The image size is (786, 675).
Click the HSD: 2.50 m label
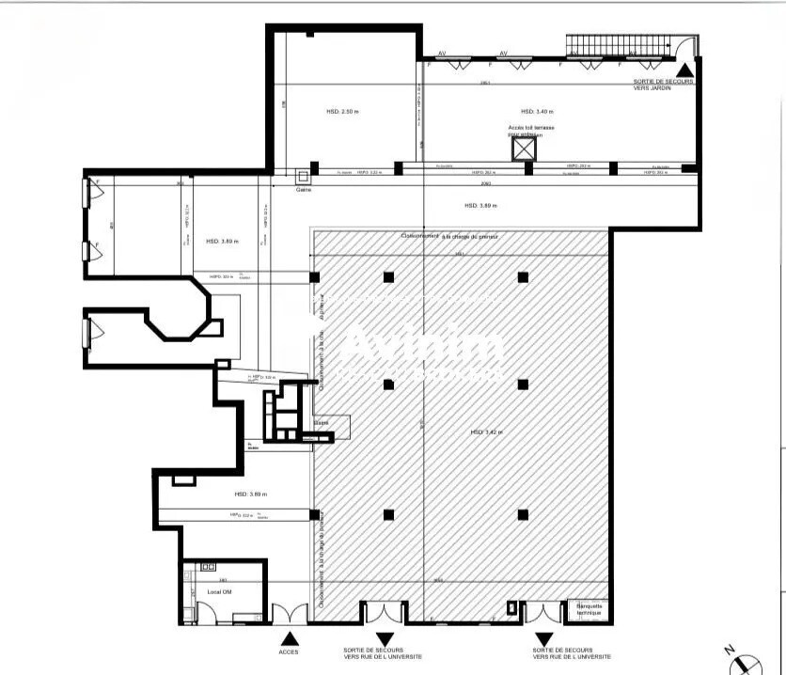tap(342, 111)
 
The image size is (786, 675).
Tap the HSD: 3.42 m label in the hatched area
tap(486, 432)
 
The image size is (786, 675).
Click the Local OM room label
tap(220, 592)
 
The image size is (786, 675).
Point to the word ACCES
tap(289, 651)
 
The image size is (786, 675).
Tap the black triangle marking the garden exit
tap(686, 69)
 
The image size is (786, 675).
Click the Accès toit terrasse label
tap(532, 130)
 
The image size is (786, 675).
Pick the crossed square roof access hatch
tap(523, 149)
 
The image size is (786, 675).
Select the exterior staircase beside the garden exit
tap(620, 46)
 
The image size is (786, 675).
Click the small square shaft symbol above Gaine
tap(303, 176)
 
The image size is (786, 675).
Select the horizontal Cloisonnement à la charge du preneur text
tap(449, 236)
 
